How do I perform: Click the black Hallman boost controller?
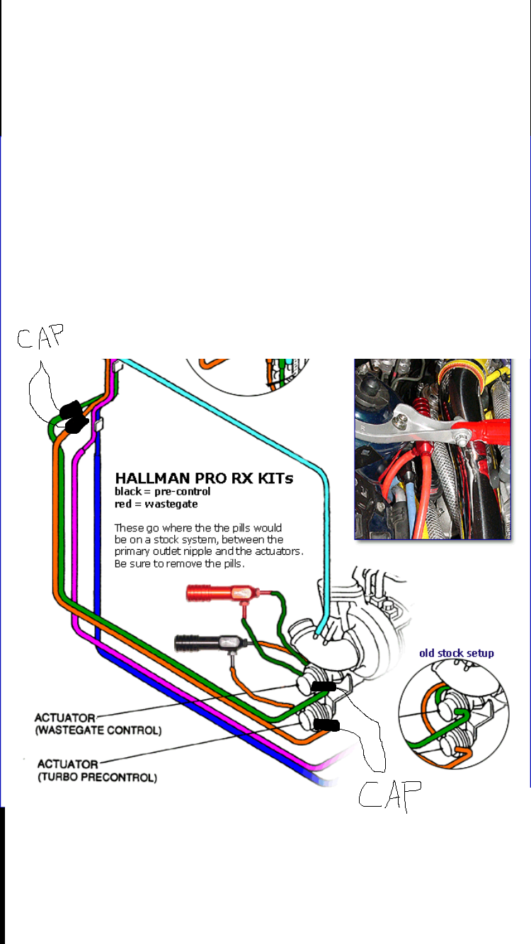pyautogui.click(x=205, y=643)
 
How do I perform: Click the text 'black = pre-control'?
pyautogui.click(x=162, y=491)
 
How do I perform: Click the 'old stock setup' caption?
pyautogui.click(x=457, y=652)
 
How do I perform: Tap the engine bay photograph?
pyautogui.click(x=432, y=449)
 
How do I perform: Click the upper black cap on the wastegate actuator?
pyautogui.click(x=325, y=686)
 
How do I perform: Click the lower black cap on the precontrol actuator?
pyautogui.click(x=326, y=725)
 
